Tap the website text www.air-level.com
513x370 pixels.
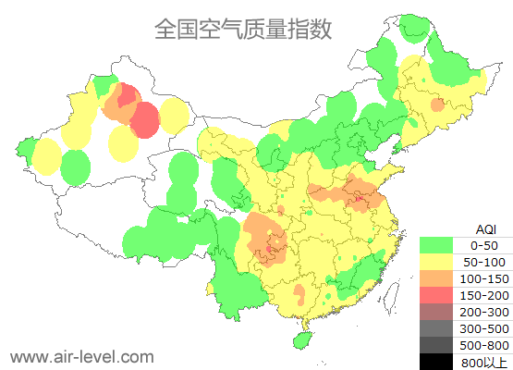click(81, 356)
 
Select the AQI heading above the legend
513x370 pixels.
click(484, 228)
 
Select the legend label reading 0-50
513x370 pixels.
click(484, 245)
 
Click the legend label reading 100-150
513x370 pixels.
click(484, 278)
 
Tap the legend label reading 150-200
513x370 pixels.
click(484, 295)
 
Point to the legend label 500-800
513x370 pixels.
click(484, 345)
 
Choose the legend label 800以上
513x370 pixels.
click(484, 362)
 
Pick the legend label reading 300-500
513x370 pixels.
click(484, 328)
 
